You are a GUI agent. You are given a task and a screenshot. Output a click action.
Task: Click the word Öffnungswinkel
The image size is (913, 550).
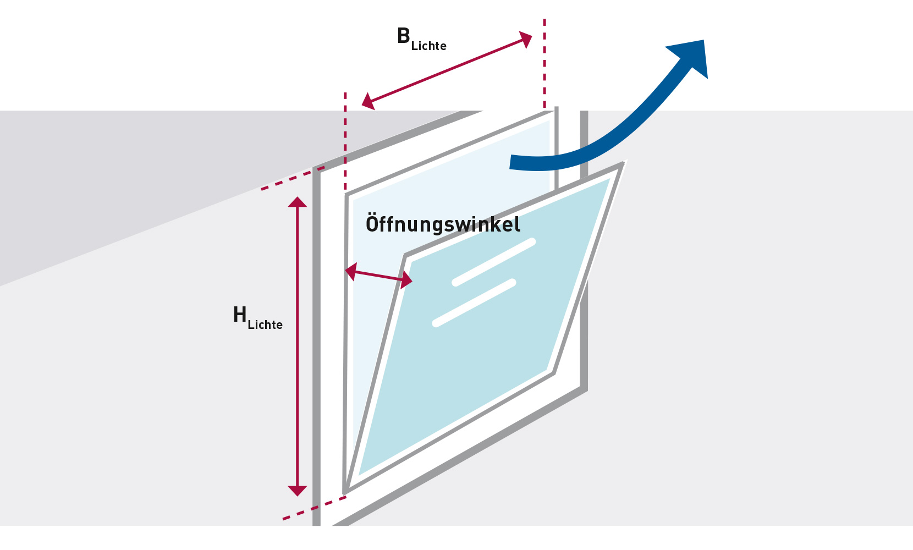pyautogui.click(x=443, y=224)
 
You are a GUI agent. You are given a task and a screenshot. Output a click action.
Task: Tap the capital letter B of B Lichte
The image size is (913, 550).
pyautogui.click(x=404, y=36)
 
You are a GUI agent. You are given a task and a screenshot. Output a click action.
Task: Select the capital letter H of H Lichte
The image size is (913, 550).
pyautogui.click(x=240, y=315)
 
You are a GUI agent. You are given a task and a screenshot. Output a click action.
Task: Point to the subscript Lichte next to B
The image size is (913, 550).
pyautogui.click(x=429, y=46)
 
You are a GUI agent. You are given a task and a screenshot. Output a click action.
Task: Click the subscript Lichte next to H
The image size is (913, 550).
pyautogui.click(x=265, y=325)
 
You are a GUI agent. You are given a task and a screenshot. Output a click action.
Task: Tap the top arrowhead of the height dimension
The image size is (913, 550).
pyautogui.click(x=298, y=202)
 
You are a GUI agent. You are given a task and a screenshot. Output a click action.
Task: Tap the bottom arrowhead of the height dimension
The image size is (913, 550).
pyautogui.click(x=298, y=490)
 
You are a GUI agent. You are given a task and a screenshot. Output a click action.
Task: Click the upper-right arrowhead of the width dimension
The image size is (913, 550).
pyautogui.click(x=526, y=40)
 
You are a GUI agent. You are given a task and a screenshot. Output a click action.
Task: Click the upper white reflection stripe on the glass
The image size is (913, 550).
pyautogui.click(x=493, y=262)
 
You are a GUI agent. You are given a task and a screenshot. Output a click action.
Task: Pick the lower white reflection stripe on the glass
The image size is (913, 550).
pyautogui.click(x=474, y=303)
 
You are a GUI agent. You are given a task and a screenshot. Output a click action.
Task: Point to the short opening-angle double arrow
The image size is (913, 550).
pyautogui.click(x=378, y=276)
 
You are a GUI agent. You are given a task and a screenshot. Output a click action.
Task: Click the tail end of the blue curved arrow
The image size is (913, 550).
pyautogui.click(x=513, y=162)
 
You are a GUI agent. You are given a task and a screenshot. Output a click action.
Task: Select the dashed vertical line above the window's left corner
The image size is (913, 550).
pyautogui.click(x=345, y=140)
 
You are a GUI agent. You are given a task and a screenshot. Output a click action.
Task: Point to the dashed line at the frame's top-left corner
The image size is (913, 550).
pyautogui.click(x=292, y=178)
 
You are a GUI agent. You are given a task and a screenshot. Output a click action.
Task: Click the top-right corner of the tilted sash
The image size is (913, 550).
pyautogui.click(x=623, y=163)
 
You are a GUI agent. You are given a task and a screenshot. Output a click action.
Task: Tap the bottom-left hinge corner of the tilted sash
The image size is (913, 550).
pyautogui.click(x=345, y=492)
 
